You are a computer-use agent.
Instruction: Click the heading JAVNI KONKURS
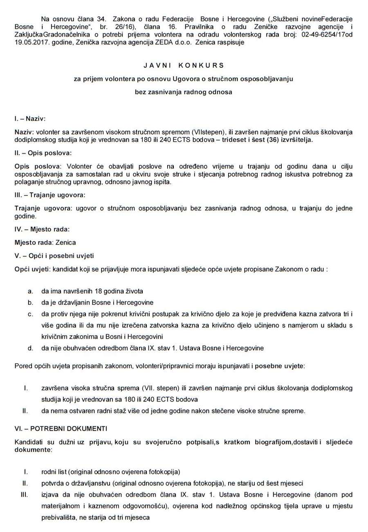click(x=184, y=65)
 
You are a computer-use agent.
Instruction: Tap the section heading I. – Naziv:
click(x=30, y=119)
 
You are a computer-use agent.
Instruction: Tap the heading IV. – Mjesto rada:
click(x=42, y=229)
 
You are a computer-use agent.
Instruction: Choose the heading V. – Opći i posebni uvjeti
click(x=54, y=256)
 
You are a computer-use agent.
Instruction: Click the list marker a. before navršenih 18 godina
click(x=30, y=291)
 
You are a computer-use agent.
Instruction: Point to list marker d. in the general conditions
click(x=30, y=348)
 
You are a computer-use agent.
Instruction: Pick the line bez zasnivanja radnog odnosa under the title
click(x=184, y=92)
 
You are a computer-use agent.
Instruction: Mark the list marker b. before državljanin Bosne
click(x=30, y=302)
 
